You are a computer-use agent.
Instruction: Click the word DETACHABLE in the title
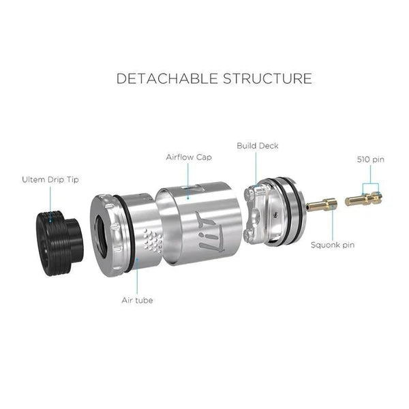167,78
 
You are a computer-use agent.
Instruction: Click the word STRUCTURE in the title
267,78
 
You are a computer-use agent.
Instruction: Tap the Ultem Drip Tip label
50,180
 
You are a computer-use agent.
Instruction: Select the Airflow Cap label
189,157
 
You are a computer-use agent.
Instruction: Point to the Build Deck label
258,146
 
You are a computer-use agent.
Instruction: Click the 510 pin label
371,160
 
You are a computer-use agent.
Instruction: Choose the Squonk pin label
333,245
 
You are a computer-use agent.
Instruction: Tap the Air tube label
137,300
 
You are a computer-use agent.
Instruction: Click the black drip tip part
60,243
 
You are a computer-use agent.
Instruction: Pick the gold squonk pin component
321,204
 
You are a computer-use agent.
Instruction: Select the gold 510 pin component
363,199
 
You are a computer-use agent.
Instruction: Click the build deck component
274,212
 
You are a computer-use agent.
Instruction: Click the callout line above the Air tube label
137,276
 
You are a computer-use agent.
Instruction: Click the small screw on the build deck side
273,215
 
